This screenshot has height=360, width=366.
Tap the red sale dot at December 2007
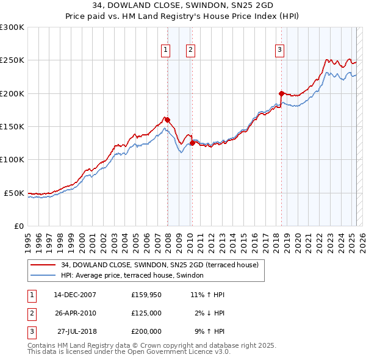(167, 120)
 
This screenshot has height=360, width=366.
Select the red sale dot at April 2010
(192, 143)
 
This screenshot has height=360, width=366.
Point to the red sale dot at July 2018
(281, 93)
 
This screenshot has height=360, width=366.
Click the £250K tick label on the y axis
(12, 60)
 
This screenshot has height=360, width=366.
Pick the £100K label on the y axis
(12, 159)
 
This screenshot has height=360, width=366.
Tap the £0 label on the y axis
(17, 226)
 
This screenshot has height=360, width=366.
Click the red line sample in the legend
(43, 265)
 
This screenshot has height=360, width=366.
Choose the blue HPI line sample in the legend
(43, 276)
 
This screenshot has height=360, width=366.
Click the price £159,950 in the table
(146, 295)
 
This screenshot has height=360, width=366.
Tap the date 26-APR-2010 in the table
(75, 313)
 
